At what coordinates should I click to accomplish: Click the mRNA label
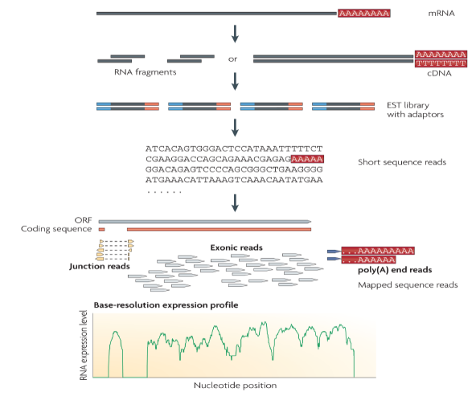point(441,14)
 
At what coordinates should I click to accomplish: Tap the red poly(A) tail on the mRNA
point(364,14)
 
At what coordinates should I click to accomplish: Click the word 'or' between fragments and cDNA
point(232,59)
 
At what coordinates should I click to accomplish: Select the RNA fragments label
point(145,72)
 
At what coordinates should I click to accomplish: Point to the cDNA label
point(439,73)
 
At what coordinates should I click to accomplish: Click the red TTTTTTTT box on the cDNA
point(441,63)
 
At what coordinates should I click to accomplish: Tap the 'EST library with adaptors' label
point(415,110)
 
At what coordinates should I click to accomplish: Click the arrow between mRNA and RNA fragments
point(235,34)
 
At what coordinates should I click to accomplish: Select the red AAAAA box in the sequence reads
point(307,159)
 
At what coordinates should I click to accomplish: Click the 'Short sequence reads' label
point(402,162)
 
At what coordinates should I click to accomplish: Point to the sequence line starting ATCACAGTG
point(234,149)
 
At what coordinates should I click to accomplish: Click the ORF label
point(83,220)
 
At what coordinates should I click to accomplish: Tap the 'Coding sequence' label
point(56,229)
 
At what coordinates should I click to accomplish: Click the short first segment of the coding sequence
point(101,230)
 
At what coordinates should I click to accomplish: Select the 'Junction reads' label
point(100,266)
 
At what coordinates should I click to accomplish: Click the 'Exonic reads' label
point(236,247)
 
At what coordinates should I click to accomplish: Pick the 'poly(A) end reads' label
point(395,270)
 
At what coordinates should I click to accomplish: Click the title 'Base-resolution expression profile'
point(166,305)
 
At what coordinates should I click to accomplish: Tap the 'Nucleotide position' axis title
point(236,386)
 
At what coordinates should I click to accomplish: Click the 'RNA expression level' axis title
point(84,345)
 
